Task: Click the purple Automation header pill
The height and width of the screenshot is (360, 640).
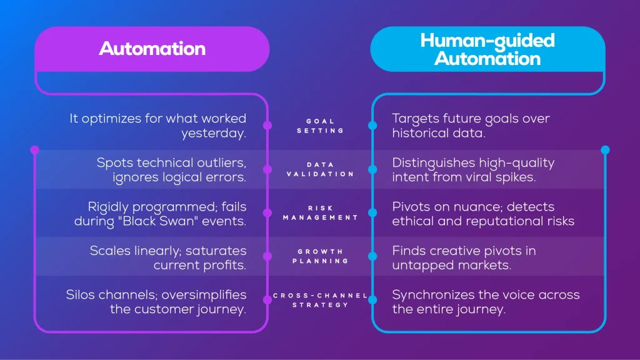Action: (152, 49)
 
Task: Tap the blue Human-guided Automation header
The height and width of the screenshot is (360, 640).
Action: (487, 49)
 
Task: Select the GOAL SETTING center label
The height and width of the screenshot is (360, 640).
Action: (320, 126)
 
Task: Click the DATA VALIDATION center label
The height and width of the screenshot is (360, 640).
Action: (320, 169)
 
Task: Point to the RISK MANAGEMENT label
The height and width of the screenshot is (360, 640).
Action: (320, 212)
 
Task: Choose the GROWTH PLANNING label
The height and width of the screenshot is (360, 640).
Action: (320, 256)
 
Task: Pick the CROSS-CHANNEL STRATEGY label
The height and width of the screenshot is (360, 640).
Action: (320, 300)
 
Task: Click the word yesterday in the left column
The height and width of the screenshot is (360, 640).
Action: (214, 133)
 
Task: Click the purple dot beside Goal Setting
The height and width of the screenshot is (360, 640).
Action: (267, 125)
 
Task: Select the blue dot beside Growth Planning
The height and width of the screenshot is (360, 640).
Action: (372, 256)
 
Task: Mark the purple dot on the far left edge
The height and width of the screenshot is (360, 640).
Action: (34, 150)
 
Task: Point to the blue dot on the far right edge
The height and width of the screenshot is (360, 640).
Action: (604, 150)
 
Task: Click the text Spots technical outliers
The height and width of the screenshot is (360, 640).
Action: (171, 162)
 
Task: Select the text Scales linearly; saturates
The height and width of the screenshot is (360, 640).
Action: (168, 250)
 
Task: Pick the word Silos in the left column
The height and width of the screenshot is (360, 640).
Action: (81, 294)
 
